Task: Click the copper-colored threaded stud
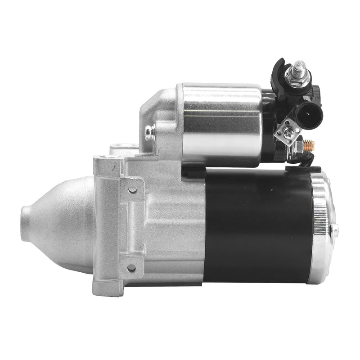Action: click(310, 145)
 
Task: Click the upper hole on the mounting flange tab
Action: click(132, 189)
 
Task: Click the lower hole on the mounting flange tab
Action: click(132, 268)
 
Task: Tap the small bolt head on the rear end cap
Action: click(335, 229)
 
